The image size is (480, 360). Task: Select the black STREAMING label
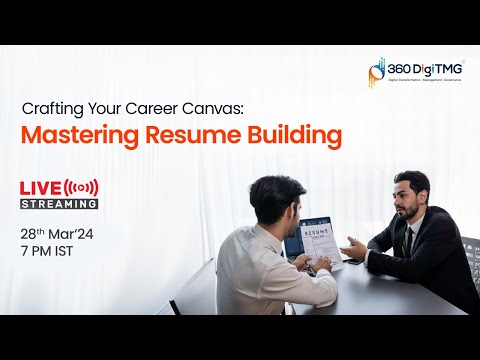[60, 203]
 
